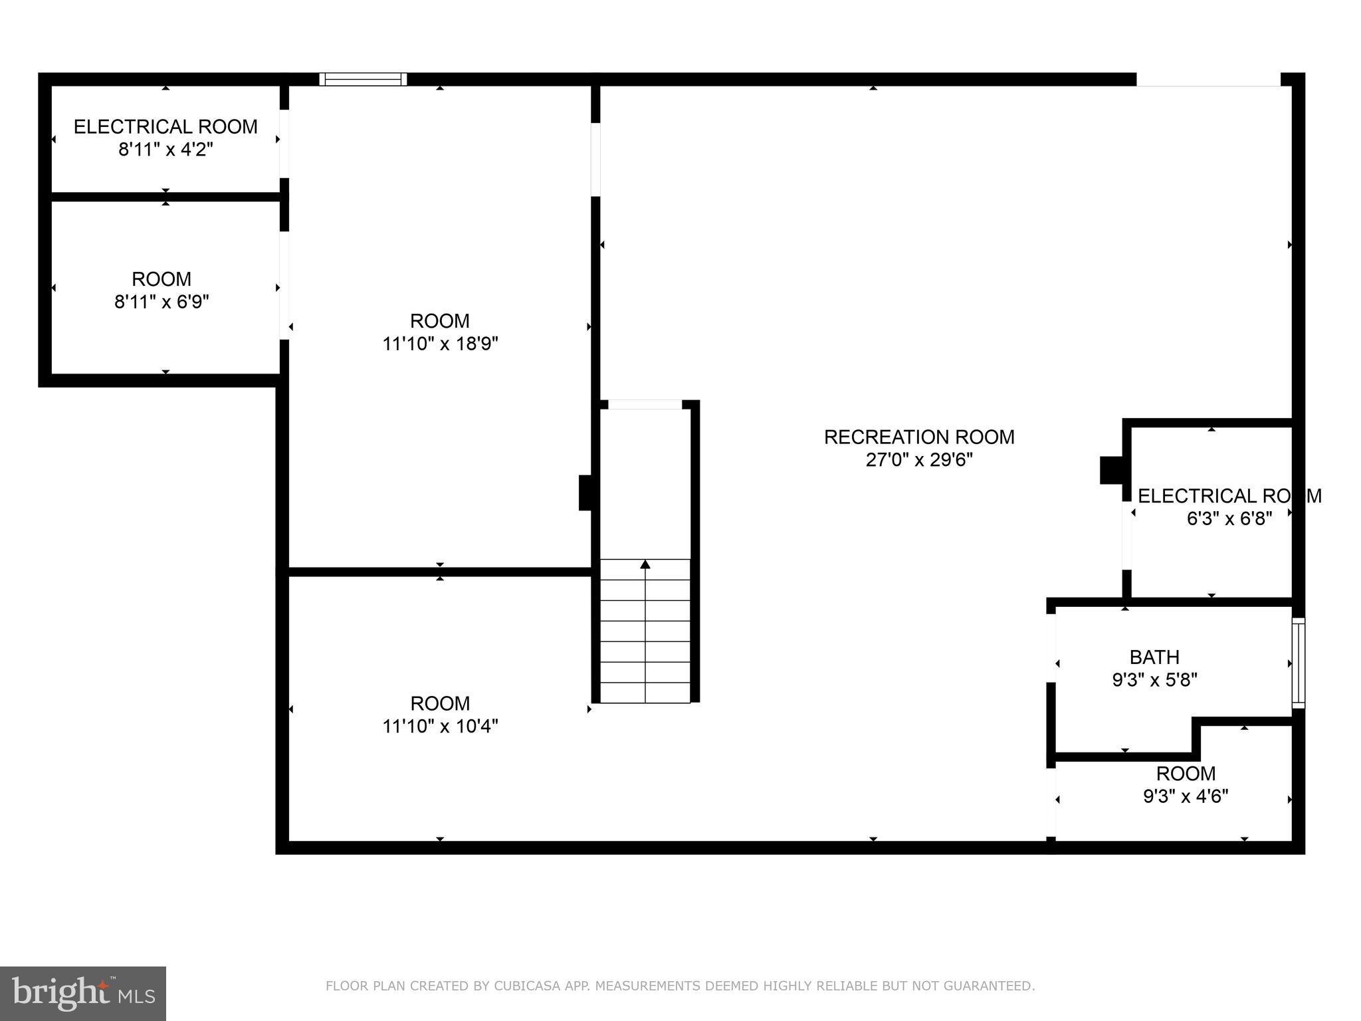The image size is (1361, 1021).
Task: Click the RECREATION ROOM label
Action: point(919,437)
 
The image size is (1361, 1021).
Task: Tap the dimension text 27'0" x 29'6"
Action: point(919,460)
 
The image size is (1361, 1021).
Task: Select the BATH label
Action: point(1154,657)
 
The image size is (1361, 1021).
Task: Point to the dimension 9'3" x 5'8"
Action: point(1154,680)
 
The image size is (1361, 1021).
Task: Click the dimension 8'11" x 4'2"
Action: point(165,150)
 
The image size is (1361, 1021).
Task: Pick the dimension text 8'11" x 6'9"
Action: point(161,302)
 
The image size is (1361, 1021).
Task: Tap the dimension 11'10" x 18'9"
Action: point(440,344)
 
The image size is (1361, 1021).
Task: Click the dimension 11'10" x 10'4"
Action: point(440,726)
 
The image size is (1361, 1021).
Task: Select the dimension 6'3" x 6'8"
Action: point(1229,518)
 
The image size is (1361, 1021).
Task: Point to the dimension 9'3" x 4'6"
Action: point(1186,796)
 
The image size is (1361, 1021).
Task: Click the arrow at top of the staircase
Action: point(645,564)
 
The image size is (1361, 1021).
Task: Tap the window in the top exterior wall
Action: point(363,79)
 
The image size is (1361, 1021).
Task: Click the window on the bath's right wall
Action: point(1298,663)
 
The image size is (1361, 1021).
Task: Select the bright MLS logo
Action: point(83,993)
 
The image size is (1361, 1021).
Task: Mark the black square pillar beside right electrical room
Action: point(1111,470)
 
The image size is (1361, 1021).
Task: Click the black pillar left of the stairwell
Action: point(585,493)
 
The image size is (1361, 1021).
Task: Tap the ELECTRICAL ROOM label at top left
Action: point(165,126)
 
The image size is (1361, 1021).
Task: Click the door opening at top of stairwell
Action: point(645,404)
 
